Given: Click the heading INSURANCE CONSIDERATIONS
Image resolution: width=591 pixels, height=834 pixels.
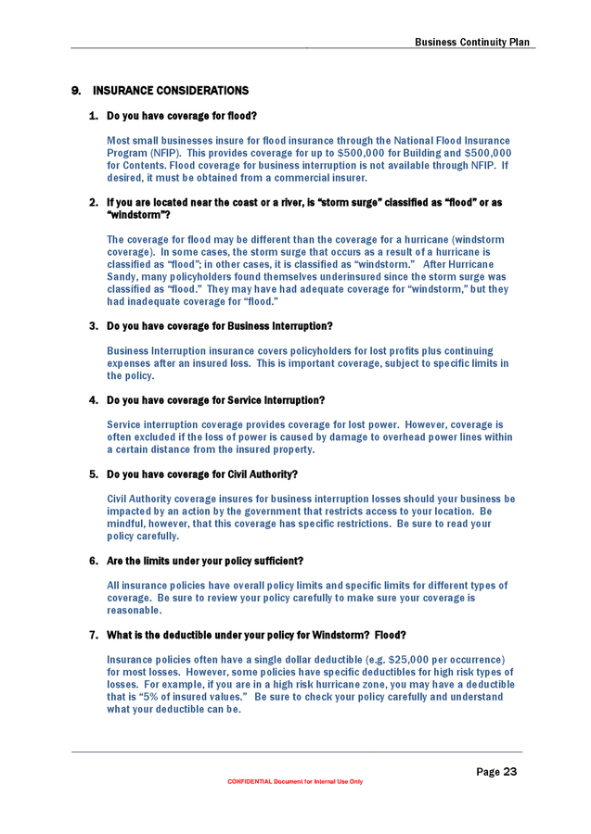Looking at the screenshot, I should click(x=183, y=91).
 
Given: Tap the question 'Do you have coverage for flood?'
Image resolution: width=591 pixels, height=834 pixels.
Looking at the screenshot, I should click(x=181, y=116).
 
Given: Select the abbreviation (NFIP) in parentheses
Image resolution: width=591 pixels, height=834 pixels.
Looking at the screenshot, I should click(x=161, y=153).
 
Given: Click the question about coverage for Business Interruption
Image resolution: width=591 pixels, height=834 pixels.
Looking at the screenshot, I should click(x=219, y=326).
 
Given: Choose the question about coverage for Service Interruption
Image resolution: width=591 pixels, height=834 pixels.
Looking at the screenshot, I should click(x=215, y=400).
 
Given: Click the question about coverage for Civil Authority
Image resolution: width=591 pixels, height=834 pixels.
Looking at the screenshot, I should click(x=202, y=474).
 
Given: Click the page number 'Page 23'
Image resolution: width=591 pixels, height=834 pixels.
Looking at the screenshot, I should click(x=496, y=772).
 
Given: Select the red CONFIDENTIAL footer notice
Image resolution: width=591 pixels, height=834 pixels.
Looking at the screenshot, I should click(x=295, y=781).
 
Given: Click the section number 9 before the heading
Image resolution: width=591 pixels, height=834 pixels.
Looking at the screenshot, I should click(x=76, y=91).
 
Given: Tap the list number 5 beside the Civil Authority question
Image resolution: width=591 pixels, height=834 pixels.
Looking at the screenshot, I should click(x=94, y=474).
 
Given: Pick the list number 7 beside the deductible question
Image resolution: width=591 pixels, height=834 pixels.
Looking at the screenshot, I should click(x=94, y=635).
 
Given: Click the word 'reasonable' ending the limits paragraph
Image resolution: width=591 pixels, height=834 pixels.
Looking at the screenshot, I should click(x=135, y=611).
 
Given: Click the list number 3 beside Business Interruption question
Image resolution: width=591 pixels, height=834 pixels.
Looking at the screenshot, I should click(x=94, y=326).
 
